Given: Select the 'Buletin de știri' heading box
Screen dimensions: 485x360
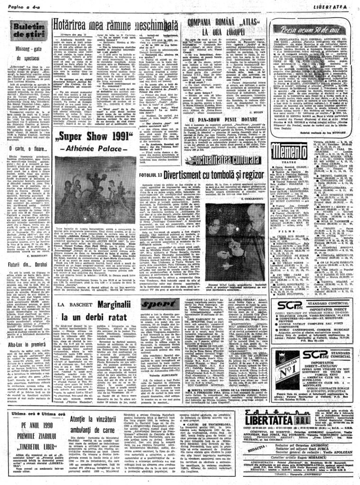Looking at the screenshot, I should click(x=29, y=30).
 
